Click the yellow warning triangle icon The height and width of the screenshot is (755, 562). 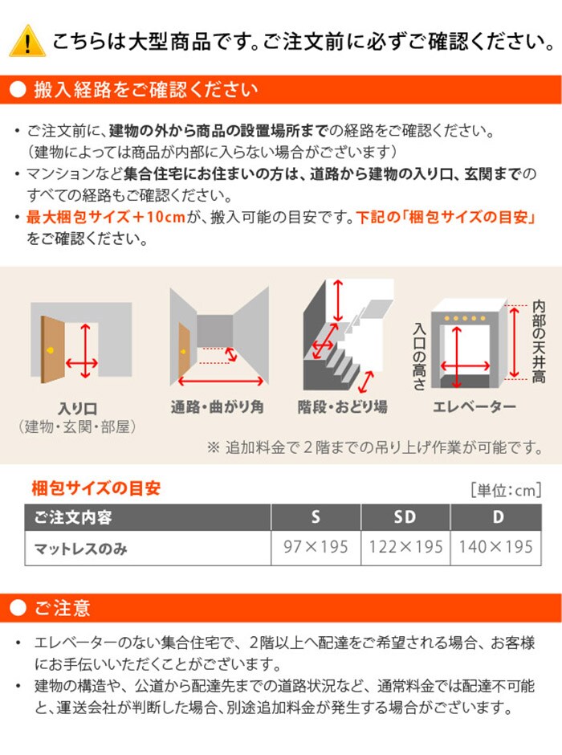(x=27, y=41)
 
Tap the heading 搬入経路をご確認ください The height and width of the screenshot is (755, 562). (x=146, y=90)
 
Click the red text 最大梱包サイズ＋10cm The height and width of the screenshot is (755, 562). (x=106, y=217)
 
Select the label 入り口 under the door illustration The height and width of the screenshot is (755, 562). (x=77, y=409)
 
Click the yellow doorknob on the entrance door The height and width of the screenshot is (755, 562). (x=50, y=350)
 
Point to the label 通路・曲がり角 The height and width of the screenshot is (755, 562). (x=217, y=407)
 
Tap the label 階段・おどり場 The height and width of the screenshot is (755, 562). (x=342, y=407)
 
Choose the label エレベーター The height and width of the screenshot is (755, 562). (x=474, y=407)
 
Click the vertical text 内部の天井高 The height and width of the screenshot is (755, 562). (x=539, y=342)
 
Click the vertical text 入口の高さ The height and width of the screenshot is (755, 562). (x=419, y=357)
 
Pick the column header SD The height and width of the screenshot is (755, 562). (x=405, y=517)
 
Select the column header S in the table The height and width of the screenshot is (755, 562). (x=316, y=517)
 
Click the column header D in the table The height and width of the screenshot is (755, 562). (x=498, y=517)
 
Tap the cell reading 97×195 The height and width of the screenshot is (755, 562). (x=316, y=547)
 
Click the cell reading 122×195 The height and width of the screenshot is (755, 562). (x=405, y=547)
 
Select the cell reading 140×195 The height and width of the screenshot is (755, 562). (x=495, y=547)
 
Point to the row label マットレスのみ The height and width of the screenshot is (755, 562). (x=81, y=549)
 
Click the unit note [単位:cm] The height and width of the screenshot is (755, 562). (x=506, y=490)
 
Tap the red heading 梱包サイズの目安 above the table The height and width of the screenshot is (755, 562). (x=96, y=488)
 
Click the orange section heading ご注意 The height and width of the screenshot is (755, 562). (x=62, y=608)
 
